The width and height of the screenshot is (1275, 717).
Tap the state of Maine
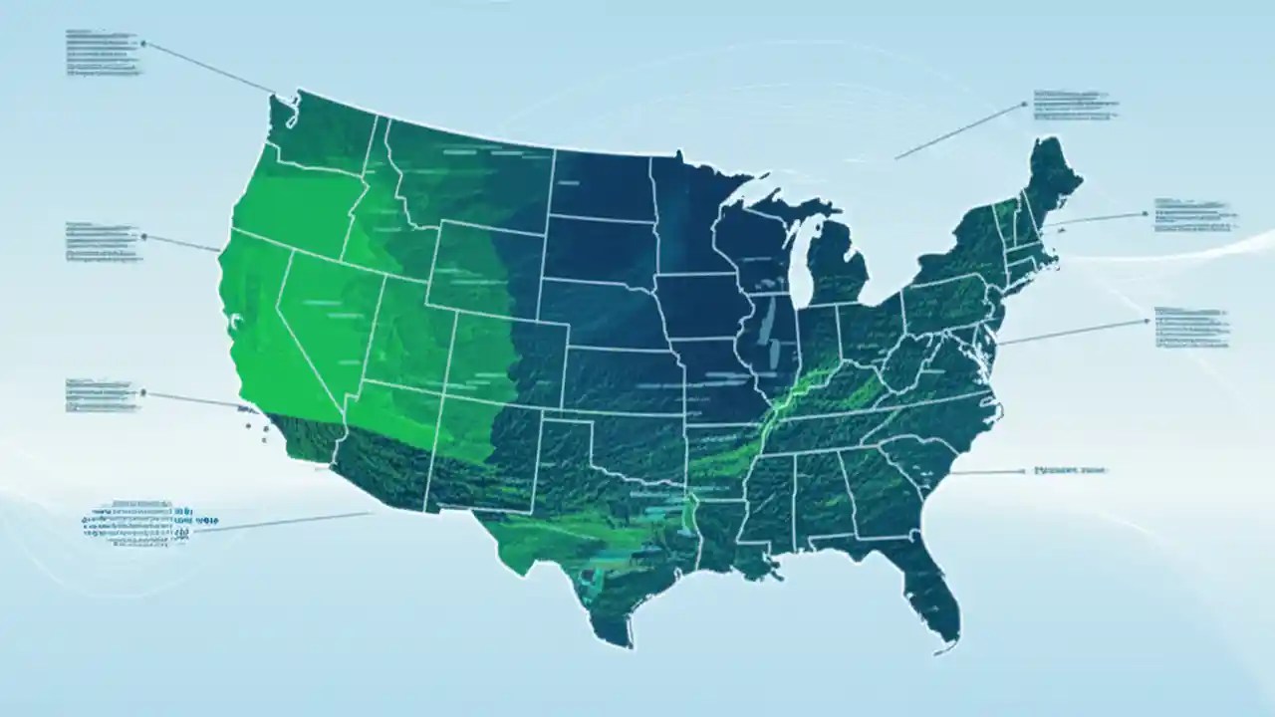click(1054, 179)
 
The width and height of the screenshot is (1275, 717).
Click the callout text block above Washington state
click(103, 52)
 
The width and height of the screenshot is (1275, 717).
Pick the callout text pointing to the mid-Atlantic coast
click(1190, 327)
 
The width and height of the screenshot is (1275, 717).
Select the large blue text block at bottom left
click(149, 518)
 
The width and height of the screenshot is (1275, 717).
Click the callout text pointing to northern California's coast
click(103, 242)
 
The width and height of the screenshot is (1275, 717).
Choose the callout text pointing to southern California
click(103, 395)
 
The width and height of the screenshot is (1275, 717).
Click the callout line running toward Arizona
click(289, 523)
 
